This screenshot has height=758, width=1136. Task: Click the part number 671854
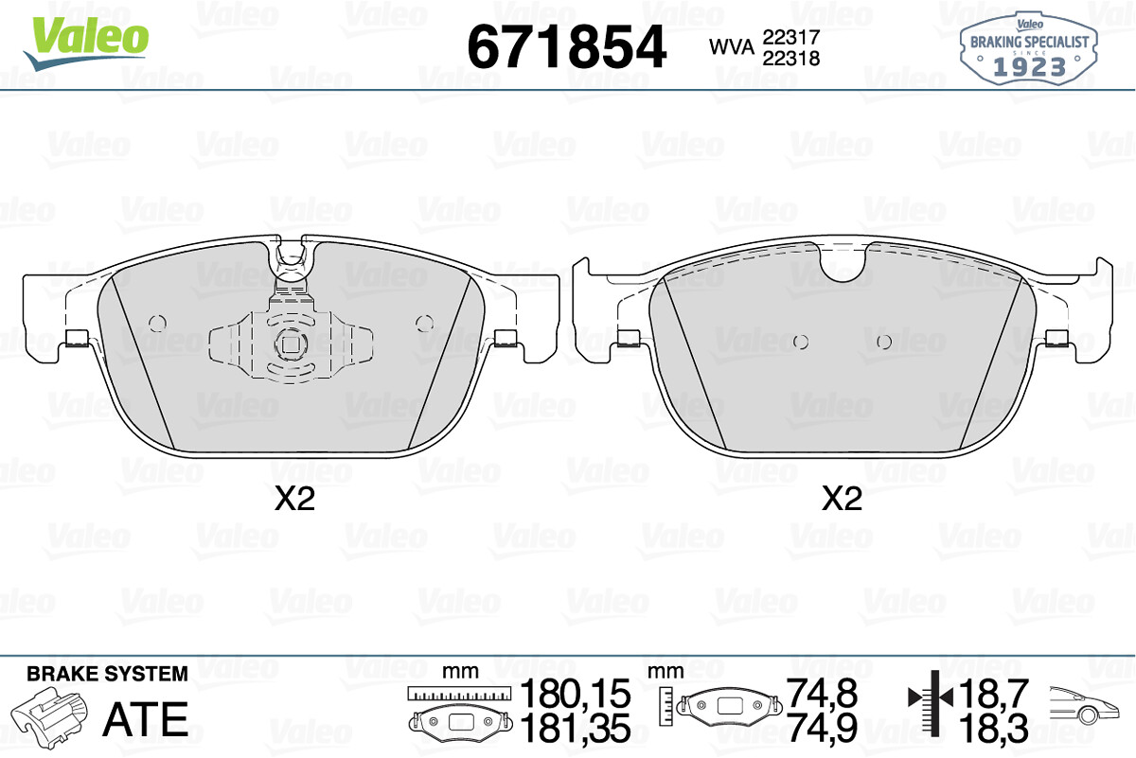(x=566, y=47)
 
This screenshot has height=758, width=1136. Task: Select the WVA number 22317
(x=791, y=37)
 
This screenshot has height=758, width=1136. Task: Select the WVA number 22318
(x=791, y=59)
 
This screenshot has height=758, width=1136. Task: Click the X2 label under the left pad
(x=294, y=499)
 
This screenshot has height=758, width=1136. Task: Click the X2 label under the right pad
(x=842, y=499)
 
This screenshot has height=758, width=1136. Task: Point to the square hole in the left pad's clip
(x=290, y=345)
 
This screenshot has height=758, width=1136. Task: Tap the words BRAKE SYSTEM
(x=107, y=674)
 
